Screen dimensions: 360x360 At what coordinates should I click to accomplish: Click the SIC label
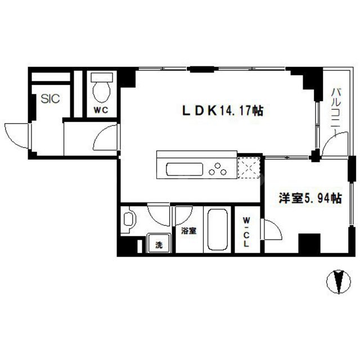point(50,99)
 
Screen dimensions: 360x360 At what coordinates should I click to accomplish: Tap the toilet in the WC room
point(101,88)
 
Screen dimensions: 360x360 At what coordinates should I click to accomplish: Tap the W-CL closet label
point(247,232)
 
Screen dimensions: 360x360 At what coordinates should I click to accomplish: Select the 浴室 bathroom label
point(189,231)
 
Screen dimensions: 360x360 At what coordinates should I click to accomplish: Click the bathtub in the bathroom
point(217,231)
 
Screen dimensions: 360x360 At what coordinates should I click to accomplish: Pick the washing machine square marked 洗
point(158,245)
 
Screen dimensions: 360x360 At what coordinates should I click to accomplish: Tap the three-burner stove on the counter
point(216,168)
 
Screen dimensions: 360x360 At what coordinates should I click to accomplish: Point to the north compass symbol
point(337,281)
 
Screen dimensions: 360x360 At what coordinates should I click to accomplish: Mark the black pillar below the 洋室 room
point(309,244)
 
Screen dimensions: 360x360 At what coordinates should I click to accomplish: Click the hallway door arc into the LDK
point(107,137)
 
